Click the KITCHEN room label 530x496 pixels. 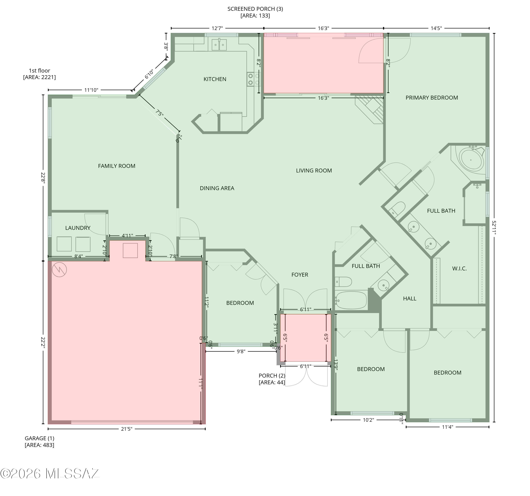pos(215,79)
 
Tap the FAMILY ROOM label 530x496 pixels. pos(117,166)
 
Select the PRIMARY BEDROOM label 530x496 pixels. pos(432,98)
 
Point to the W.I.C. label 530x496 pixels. pos(459,268)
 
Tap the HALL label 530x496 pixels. pos(410,299)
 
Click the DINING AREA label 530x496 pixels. pos(217,188)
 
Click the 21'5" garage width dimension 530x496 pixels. pos(127,429)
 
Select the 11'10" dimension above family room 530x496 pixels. pos(91,90)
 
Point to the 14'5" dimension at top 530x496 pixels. pos(436,28)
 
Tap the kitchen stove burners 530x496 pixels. pos(253,79)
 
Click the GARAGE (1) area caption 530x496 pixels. pos(39,441)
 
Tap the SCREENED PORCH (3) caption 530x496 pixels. pos(255,12)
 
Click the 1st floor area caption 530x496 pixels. pos(39,74)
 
